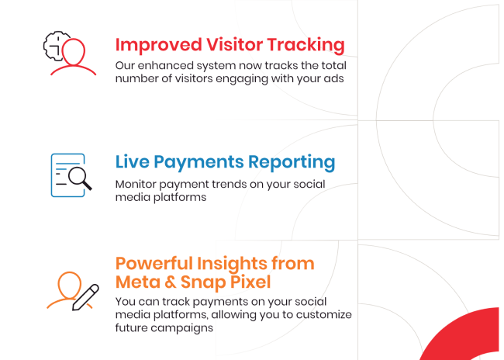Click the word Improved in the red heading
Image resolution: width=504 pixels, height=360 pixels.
158,45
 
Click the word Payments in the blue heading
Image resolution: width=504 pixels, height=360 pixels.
198,162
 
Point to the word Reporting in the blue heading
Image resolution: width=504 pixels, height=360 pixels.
292,162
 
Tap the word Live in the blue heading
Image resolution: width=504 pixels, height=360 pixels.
132,161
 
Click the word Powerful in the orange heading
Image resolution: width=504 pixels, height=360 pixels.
154,264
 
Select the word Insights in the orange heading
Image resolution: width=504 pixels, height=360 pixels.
232,265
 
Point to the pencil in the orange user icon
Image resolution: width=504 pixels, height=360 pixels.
85,297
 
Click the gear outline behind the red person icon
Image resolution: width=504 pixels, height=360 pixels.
54,45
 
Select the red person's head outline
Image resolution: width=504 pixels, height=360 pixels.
74,51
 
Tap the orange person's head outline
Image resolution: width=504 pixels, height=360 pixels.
70,286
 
